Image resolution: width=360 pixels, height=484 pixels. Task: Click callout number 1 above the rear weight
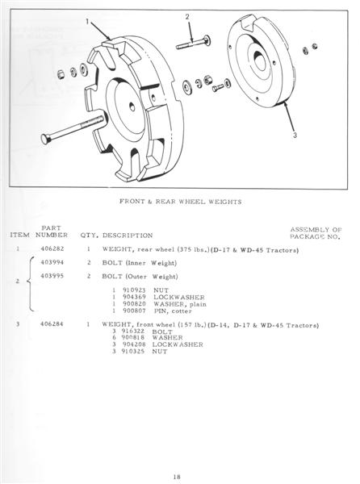[87, 21]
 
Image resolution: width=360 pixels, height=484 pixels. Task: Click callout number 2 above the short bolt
[187, 17]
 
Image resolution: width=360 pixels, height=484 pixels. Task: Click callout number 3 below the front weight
[295, 136]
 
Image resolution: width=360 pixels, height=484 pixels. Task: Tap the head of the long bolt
[45, 139]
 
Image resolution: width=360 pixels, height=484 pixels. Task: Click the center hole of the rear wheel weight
[132, 107]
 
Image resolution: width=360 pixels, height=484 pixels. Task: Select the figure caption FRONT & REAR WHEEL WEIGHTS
[181, 202]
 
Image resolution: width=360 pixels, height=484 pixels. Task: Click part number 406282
[52, 248]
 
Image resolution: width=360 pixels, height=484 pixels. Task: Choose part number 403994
[52, 262]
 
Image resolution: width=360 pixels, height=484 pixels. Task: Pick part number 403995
[52, 276]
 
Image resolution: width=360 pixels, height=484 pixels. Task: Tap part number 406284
[52, 324]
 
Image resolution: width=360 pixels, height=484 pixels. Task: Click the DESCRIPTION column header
[128, 236]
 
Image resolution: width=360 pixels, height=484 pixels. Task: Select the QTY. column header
[90, 236]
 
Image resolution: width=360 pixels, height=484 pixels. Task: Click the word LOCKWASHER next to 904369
[179, 298]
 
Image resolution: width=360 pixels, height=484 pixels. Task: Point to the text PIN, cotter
[173, 311]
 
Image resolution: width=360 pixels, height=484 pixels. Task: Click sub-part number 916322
[133, 332]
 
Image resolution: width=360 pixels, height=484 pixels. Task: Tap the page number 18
[177, 477]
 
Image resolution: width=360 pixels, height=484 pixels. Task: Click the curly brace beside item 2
[30, 284]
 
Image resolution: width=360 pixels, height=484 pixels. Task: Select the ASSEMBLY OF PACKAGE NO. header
[316, 233]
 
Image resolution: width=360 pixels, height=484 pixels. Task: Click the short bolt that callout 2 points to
[193, 44]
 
